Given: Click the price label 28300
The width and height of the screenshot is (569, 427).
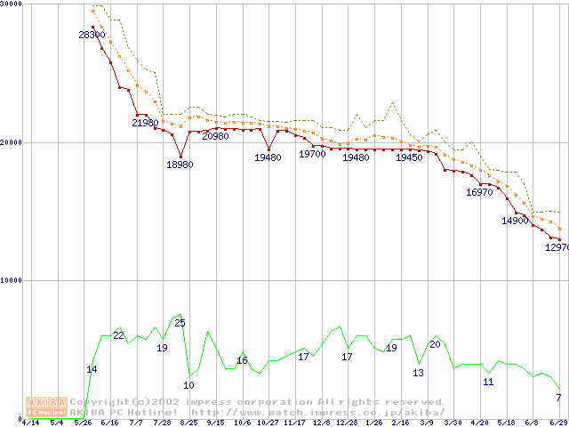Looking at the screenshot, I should (x=92, y=35).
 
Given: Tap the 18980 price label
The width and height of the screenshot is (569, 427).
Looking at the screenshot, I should (x=180, y=165).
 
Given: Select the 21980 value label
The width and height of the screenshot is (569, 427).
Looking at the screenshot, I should (x=145, y=123).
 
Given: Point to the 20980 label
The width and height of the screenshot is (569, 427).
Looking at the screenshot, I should (x=215, y=136).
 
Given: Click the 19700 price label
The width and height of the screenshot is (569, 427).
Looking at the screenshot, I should (x=312, y=154).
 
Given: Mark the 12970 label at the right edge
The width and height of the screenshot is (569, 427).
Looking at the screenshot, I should (x=557, y=248).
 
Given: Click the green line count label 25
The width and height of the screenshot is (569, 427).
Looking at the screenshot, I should (x=180, y=323).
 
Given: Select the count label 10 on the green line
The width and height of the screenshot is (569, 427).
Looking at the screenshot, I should (x=188, y=385).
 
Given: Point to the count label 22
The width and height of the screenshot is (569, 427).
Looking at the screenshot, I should (x=118, y=335).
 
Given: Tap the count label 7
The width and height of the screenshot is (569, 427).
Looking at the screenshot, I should (x=558, y=397).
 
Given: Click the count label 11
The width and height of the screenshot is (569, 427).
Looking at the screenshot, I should (x=488, y=382).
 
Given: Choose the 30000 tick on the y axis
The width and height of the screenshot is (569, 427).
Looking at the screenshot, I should (x=11, y=4).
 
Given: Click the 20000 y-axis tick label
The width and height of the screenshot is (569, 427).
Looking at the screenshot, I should (x=11, y=142).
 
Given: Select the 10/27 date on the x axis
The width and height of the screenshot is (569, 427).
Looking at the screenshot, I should (x=268, y=423).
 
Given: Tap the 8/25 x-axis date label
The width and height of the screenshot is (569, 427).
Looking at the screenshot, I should (x=188, y=423).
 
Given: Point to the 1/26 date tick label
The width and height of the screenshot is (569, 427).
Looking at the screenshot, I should (x=373, y=423).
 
